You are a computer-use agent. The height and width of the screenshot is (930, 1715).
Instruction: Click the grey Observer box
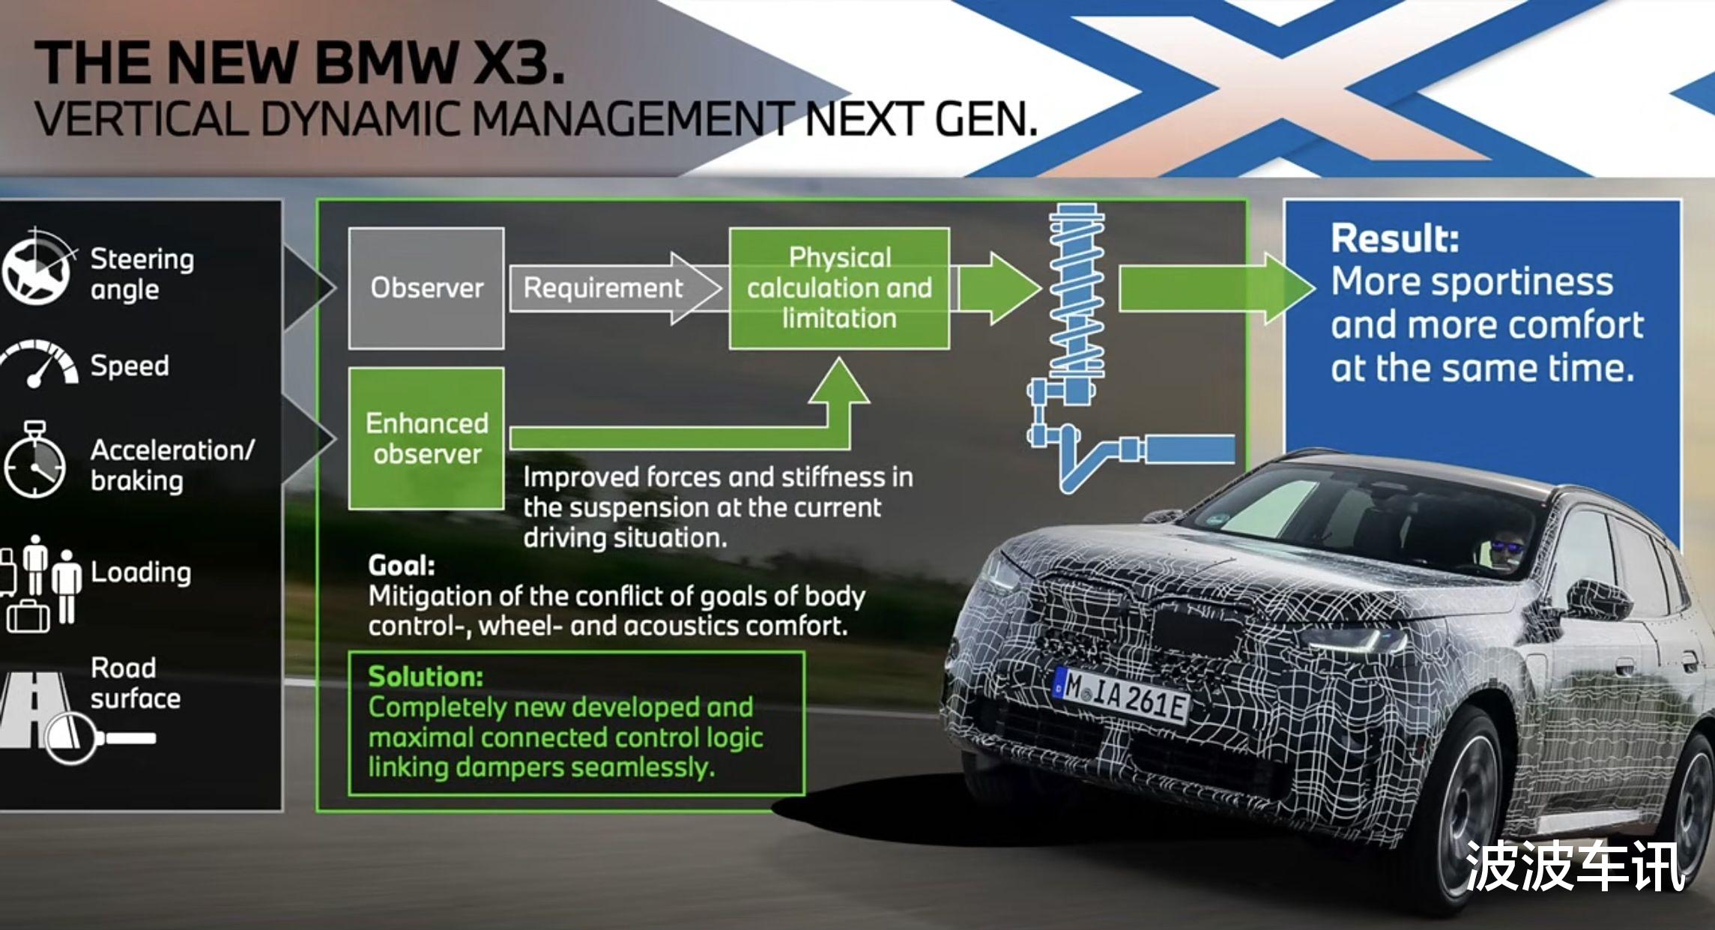coord(426,289)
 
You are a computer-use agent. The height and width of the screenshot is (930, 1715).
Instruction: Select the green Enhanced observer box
coord(426,438)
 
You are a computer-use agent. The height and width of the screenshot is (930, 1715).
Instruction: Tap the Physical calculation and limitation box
coord(839,289)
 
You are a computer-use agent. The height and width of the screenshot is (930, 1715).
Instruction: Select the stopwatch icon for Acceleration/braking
coord(34,460)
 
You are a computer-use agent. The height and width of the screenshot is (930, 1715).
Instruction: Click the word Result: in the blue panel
coord(1395,239)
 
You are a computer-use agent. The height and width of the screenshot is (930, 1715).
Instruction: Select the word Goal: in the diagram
coord(402,566)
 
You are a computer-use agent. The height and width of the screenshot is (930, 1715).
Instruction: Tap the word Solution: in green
coord(426,677)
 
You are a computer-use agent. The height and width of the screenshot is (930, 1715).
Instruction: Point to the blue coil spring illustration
coord(1077,292)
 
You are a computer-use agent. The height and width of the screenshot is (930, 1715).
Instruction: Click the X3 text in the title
coord(519,62)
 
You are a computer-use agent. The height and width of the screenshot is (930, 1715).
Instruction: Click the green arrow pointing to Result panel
coord(1217,289)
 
